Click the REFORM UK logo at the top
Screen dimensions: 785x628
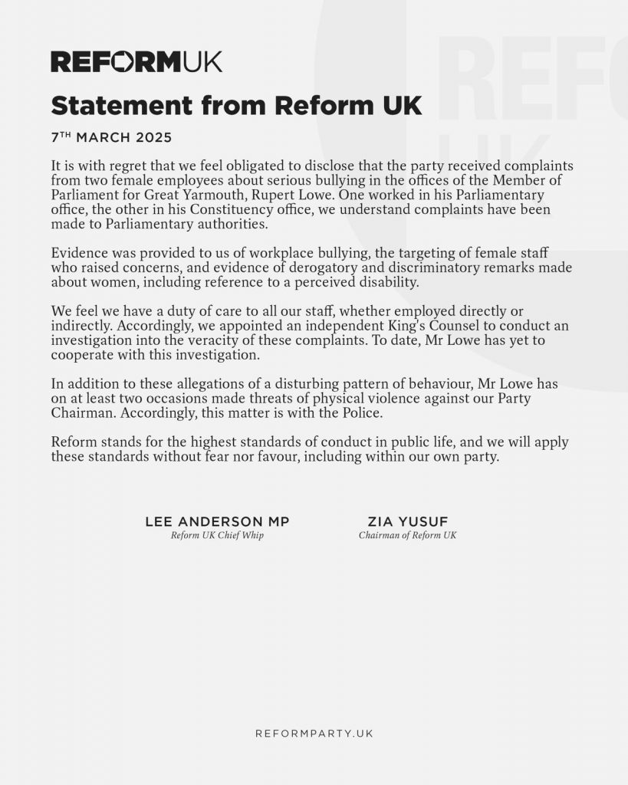click(x=136, y=61)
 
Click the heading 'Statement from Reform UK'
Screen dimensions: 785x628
click(x=236, y=105)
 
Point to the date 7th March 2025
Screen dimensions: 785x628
click(x=111, y=138)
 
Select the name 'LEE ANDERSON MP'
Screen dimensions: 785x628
click(x=217, y=522)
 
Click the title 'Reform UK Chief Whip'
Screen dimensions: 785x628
click(x=217, y=536)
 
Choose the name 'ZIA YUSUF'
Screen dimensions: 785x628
click(x=407, y=522)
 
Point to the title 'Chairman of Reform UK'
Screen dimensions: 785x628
click(x=407, y=536)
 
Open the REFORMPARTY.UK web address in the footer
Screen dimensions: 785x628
click(x=314, y=734)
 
